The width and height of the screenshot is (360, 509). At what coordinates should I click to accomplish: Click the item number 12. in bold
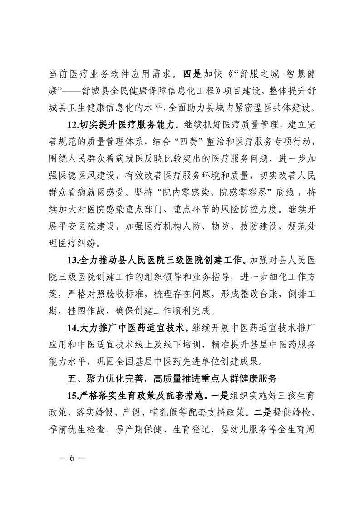click(x=73, y=124)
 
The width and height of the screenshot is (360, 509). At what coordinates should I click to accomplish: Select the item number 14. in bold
click(x=73, y=327)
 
